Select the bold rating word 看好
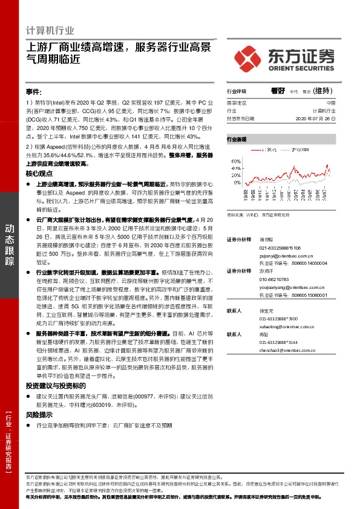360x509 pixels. click(x=278, y=91)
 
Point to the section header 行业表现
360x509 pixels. click(x=237, y=138)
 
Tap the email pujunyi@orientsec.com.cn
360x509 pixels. click(x=289, y=256)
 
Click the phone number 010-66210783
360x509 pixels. click(x=276, y=280)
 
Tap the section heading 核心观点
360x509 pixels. click(x=39, y=173)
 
